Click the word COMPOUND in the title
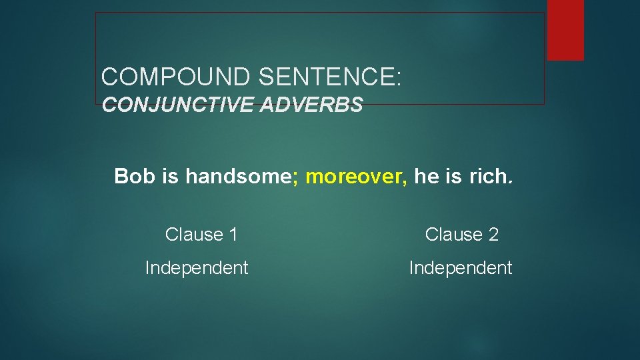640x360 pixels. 176,77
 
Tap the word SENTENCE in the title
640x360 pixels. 326,77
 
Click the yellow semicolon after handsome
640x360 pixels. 295,177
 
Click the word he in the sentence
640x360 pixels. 425,176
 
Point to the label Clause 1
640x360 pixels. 201,235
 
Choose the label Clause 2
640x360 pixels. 461,235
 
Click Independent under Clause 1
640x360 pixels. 197,268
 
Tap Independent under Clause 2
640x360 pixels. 461,268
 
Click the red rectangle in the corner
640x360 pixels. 565,29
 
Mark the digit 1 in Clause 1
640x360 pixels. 233,235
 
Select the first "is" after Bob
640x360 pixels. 170,176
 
